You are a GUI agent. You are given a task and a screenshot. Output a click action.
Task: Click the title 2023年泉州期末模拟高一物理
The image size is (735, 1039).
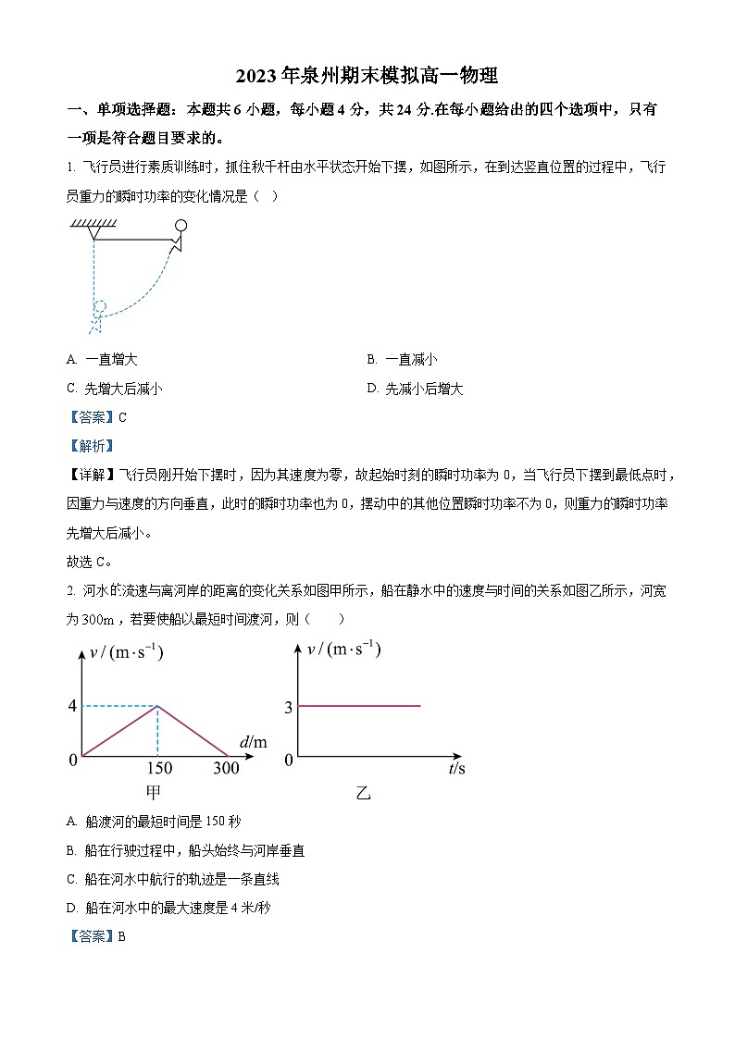pyautogui.click(x=367, y=76)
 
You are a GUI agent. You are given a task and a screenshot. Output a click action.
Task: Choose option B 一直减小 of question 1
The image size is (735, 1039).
pyautogui.click(x=402, y=360)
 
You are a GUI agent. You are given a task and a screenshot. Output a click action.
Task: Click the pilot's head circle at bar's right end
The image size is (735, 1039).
pyautogui.click(x=181, y=225)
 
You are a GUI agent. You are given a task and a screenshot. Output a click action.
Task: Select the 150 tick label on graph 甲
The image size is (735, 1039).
pyautogui.click(x=159, y=768)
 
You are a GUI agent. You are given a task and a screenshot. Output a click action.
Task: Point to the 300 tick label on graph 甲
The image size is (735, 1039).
pyautogui.click(x=226, y=768)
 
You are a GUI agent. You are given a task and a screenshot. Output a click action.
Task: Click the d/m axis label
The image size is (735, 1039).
pyautogui.click(x=252, y=742)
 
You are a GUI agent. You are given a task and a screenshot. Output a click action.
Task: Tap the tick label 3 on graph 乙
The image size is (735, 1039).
pyautogui.click(x=289, y=708)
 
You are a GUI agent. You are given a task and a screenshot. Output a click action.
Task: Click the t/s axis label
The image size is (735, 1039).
pyautogui.click(x=455, y=768)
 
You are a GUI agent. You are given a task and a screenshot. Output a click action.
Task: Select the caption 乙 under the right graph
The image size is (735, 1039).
pyautogui.click(x=363, y=793)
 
